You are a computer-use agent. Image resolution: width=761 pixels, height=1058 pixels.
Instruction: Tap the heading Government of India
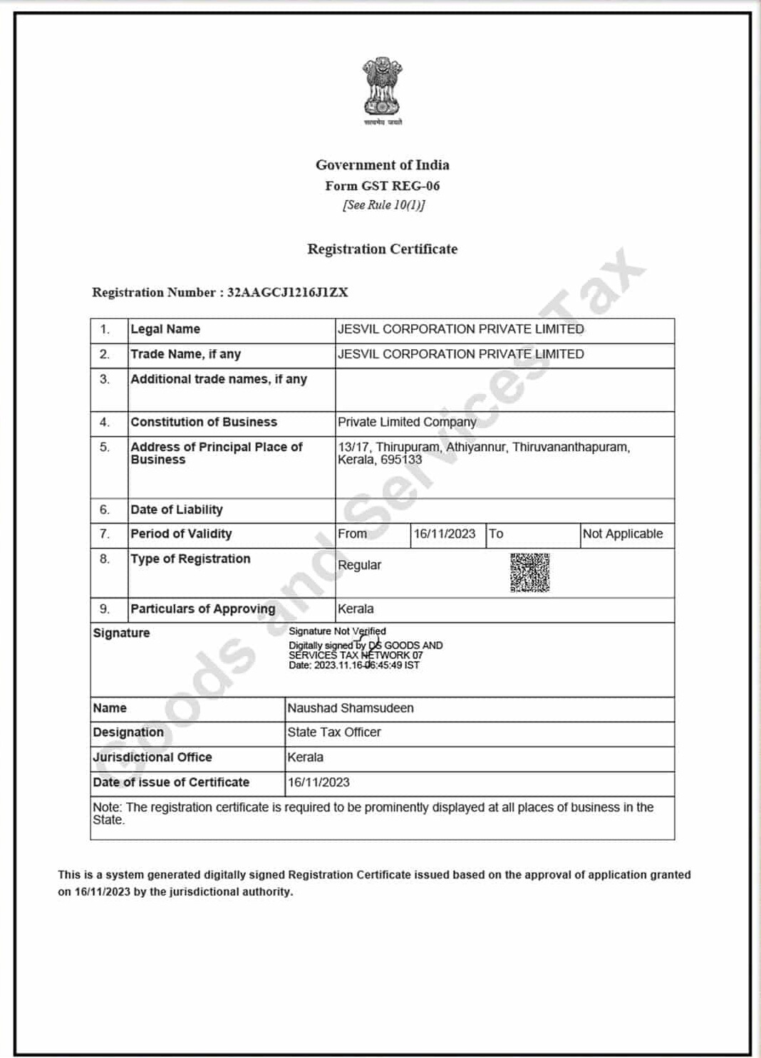pyautogui.click(x=383, y=165)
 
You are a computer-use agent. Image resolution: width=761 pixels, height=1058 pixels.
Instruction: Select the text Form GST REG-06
pyautogui.click(x=383, y=186)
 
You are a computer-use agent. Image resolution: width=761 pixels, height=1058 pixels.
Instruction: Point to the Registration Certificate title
pyautogui.click(x=383, y=249)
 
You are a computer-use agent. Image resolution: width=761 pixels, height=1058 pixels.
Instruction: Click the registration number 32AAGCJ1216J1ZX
pyautogui.click(x=287, y=292)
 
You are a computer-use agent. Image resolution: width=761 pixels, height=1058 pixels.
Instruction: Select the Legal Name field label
pyautogui.click(x=165, y=329)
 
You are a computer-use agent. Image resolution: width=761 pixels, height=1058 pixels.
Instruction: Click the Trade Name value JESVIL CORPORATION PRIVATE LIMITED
pyautogui.click(x=460, y=354)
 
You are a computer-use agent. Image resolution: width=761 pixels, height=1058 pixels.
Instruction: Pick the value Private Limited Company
pyautogui.click(x=407, y=422)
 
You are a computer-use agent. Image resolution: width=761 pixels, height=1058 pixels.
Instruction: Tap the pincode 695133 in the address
pyautogui.click(x=401, y=460)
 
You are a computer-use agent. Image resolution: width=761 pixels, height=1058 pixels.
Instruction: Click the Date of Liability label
pyautogui.click(x=177, y=509)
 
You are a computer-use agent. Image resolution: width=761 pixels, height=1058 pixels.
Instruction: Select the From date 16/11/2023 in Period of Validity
pyautogui.click(x=445, y=534)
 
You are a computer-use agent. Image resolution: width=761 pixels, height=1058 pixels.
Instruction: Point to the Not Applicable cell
pyautogui.click(x=623, y=534)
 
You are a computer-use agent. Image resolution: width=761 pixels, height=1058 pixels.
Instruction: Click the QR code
pyautogui.click(x=529, y=572)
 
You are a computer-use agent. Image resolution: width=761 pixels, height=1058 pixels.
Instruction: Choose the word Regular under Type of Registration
pyautogui.click(x=359, y=565)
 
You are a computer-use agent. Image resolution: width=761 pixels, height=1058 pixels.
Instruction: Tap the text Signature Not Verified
pyautogui.click(x=337, y=631)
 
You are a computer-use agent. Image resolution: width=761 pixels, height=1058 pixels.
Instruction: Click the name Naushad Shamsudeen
pyautogui.click(x=351, y=708)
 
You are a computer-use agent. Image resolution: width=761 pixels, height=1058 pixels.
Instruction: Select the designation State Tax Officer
pyautogui.click(x=334, y=732)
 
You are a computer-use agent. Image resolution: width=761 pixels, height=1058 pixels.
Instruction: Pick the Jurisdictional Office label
pyautogui.click(x=152, y=757)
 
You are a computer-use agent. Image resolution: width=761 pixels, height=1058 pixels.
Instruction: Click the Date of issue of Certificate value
pyautogui.click(x=319, y=782)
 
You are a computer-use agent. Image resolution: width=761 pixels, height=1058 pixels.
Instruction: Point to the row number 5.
pyautogui.click(x=105, y=447)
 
